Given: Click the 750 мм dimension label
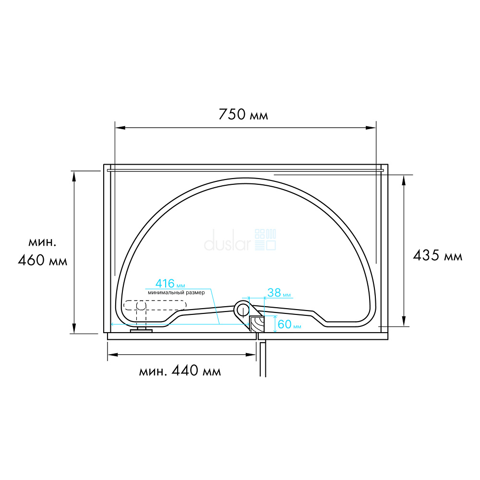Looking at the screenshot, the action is click(243, 115).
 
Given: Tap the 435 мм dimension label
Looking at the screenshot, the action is click(437, 255).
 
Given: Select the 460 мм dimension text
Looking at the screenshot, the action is click(43, 261).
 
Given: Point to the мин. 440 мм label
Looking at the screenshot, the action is click(180, 371).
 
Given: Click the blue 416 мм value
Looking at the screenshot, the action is click(170, 284).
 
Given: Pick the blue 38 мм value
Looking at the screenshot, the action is click(279, 293).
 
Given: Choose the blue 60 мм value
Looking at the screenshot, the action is click(289, 324).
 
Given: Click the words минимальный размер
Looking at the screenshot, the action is click(176, 293).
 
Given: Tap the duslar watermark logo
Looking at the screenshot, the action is click(240, 240).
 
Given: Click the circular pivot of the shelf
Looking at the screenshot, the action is click(242, 310).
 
